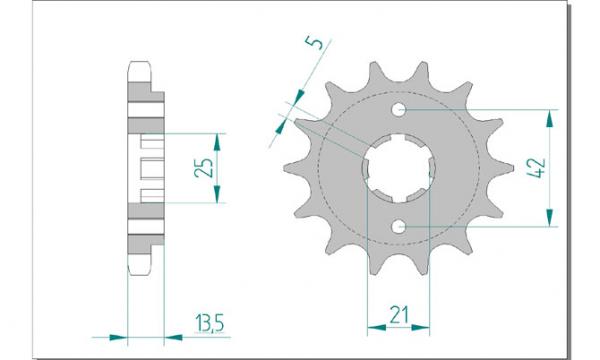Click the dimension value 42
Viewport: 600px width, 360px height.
[x=536, y=167]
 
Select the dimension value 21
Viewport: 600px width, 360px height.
[x=398, y=315]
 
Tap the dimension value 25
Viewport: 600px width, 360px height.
[x=204, y=167]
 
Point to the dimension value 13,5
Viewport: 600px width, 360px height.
[x=209, y=324]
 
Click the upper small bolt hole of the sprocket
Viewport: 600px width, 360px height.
[x=398, y=109]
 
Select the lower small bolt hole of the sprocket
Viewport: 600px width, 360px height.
[x=398, y=227]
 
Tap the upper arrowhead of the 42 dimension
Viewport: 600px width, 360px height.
[x=550, y=118]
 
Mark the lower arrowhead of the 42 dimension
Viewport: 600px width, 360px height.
[x=550, y=218]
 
